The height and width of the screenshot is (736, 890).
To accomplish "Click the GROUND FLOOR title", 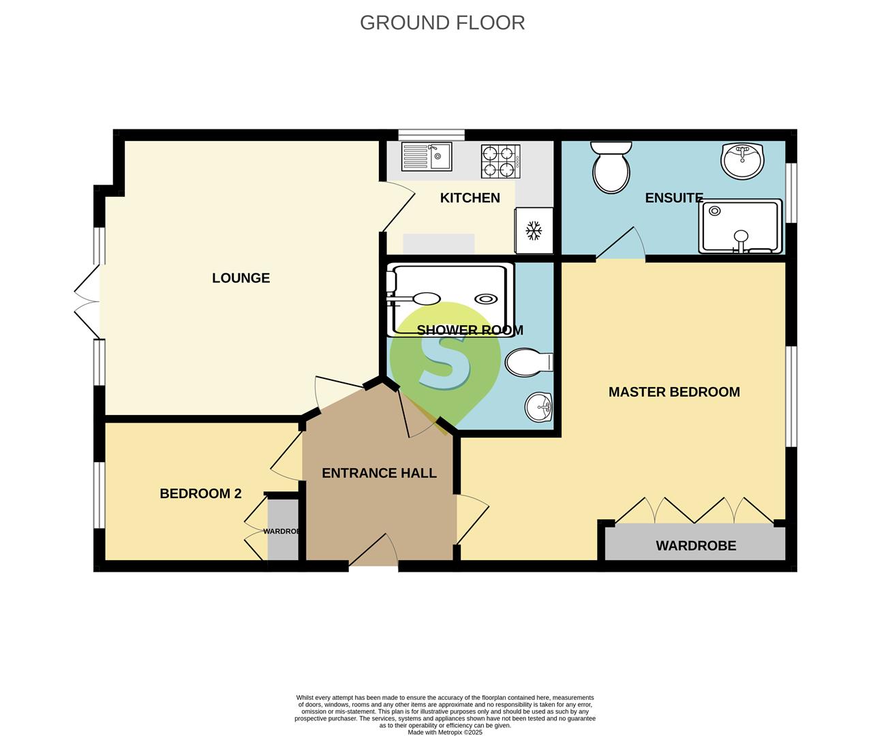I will coord(442,22).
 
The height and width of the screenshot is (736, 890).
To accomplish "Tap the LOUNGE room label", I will coord(241,278).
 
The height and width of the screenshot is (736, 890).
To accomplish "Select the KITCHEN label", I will coord(470,198).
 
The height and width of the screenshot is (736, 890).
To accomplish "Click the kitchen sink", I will coord(427,157).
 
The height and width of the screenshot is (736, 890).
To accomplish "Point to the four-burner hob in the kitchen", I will coord(500,161).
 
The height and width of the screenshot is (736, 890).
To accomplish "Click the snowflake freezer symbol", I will coord(533,230).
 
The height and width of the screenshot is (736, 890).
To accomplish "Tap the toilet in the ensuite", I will coord(611,168).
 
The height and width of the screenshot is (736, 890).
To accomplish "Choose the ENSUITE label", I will coord(673,198).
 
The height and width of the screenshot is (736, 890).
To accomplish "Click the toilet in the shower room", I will coord(529,362).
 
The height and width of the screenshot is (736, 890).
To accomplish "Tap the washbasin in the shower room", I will coord(539,408).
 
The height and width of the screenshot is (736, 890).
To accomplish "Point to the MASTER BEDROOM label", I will coord(673,392).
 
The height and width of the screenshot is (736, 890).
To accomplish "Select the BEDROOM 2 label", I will coord(200,493).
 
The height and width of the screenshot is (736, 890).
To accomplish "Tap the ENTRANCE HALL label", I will coord(379,473).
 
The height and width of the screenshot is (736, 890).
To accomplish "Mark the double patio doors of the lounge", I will coord(87,301).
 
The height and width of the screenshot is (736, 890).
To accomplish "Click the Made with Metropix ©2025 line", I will coord(444,733).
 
